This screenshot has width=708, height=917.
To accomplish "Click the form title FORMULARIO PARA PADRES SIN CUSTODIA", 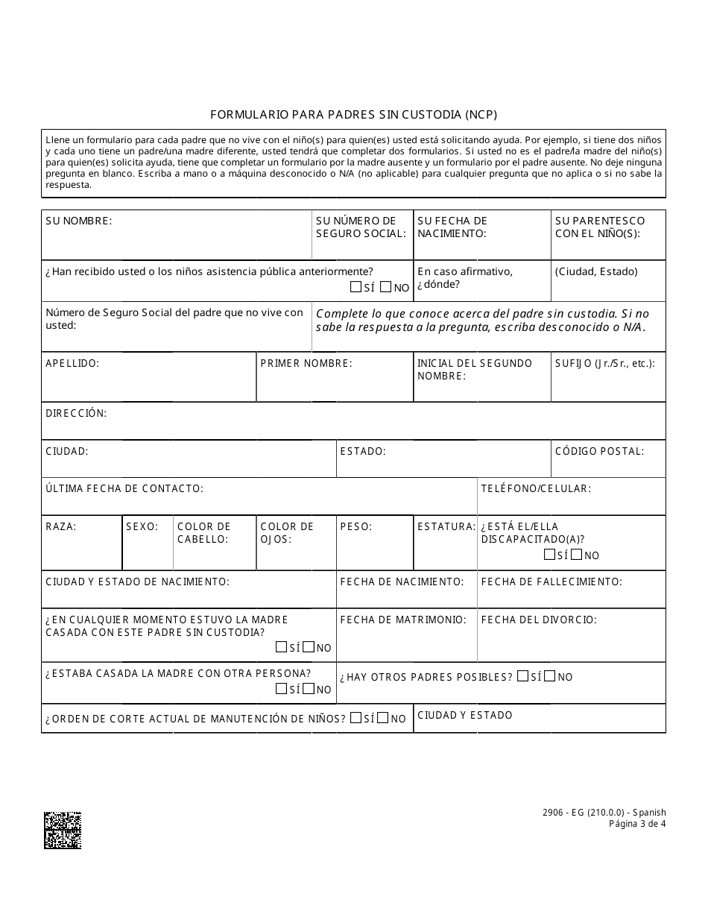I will [x=353, y=115].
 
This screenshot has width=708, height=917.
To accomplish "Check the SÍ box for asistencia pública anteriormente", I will [x=355, y=287].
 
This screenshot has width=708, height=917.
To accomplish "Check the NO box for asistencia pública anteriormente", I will [x=385, y=287].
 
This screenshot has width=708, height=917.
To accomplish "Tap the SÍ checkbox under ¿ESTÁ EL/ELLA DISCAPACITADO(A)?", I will [x=549, y=554].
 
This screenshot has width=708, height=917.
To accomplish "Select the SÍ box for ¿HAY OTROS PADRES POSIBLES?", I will [x=522, y=676].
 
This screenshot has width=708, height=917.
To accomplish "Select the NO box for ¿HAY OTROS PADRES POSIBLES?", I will [x=550, y=676].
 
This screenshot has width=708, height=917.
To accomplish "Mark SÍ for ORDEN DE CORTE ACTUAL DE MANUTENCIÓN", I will [x=355, y=718].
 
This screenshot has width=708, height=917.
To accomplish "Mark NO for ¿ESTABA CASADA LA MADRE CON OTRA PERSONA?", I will [x=309, y=689].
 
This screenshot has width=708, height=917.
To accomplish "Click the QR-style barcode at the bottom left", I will [x=63, y=830].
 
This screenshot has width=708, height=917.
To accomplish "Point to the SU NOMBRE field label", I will [x=79, y=221].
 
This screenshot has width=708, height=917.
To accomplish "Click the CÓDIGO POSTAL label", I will [x=599, y=451].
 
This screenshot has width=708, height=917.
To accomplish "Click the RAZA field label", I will [x=61, y=526].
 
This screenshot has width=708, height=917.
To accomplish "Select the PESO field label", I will [x=355, y=526].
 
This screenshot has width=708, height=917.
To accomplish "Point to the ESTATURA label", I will [x=446, y=526].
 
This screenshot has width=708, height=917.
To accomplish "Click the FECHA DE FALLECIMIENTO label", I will [x=551, y=582].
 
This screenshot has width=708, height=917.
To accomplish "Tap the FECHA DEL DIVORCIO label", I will [x=539, y=620].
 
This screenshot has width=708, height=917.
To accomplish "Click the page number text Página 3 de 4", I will [x=637, y=824].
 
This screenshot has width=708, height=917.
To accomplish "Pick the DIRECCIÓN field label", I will [x=76, y=413].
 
